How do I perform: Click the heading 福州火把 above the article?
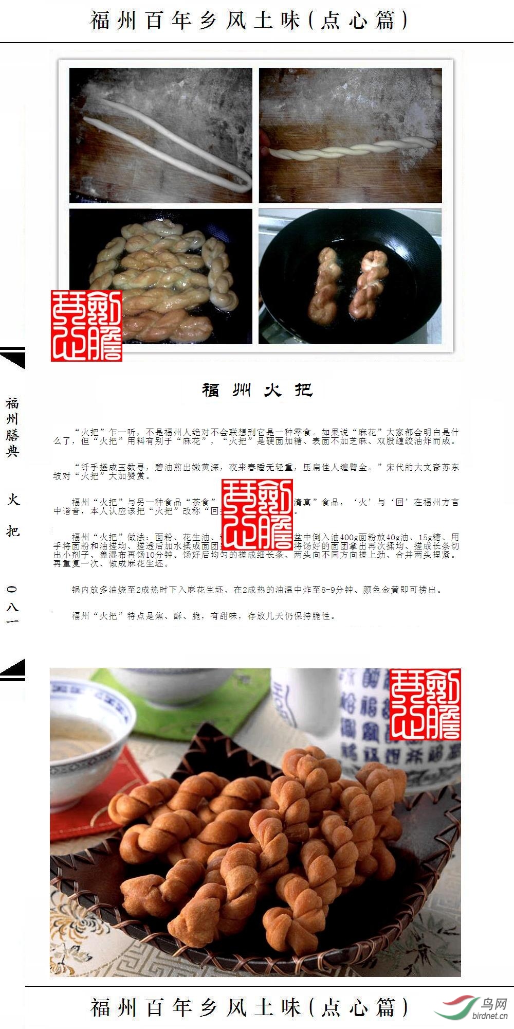tap(257, 389)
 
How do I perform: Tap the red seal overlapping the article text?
tap(257, 514)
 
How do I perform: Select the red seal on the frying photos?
tap(86, 326)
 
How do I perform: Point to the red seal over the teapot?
tap(425, 704)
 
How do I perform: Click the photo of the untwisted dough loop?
tap(161, 135)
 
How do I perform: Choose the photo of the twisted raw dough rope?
tap(350, 135)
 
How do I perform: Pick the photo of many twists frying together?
tap(161, 276)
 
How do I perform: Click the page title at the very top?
tap(249, 21)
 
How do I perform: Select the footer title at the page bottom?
tap(249, 1007)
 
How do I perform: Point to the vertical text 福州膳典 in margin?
tap(12, 427)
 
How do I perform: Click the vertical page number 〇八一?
tap(12, 605)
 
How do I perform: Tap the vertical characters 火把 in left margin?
tap(12, 514)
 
